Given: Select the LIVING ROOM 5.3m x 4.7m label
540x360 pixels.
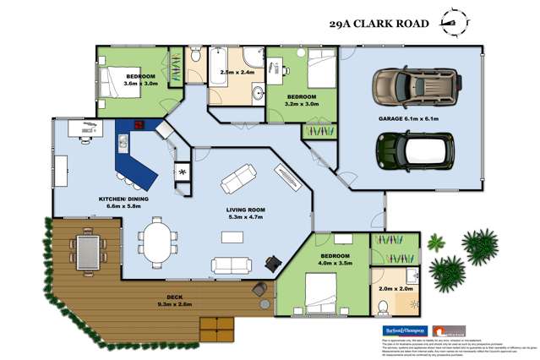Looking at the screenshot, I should coord(247,214).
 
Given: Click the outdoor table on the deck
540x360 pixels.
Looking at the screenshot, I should coord(88,248).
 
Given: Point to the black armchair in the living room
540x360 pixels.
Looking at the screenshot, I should coord(272,263).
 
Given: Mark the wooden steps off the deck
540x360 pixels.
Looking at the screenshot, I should coord(215,327).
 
